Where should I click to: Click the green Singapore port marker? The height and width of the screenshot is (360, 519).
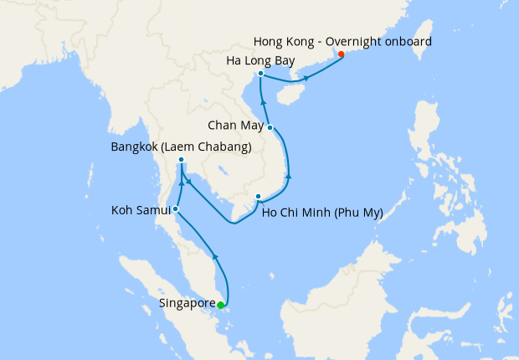click(220, 306)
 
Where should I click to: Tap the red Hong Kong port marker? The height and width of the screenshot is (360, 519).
click(340, 55)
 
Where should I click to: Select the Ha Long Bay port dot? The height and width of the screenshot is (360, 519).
click(261, 74)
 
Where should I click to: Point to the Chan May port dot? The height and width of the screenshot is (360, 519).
click(270, 127)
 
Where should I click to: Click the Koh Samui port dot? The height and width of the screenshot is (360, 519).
click(176, 208)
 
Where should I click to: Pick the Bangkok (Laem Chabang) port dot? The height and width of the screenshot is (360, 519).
click(182, 161)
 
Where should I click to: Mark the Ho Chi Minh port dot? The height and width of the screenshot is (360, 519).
click(258, 197)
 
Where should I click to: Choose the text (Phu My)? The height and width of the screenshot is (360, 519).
click(357, 213)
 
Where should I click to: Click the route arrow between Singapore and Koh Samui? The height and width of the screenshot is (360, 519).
click(215, 257)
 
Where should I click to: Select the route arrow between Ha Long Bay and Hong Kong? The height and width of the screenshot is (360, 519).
click(306, 79)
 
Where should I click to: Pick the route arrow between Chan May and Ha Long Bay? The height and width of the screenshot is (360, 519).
click(263, 102)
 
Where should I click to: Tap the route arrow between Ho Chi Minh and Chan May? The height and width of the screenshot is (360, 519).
click(289, 177)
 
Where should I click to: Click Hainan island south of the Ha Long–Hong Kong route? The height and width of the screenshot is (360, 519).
click(286, 94)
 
